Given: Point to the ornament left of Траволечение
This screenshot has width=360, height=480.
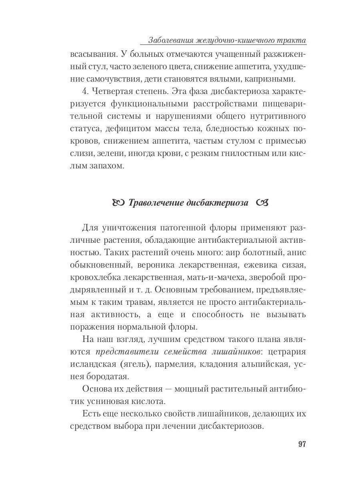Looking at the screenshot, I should point(120,202).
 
